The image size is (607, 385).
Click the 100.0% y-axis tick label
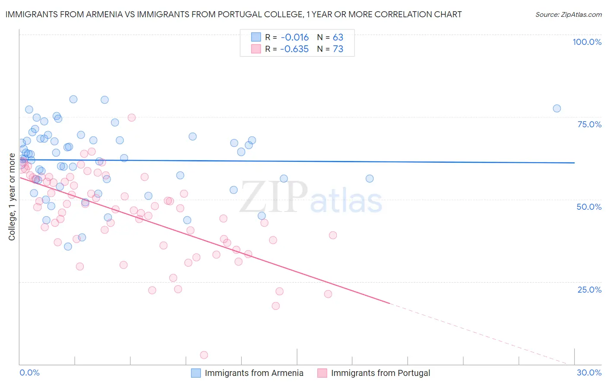[x=587, y=42]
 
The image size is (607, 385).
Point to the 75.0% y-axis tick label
[x=589, y=124]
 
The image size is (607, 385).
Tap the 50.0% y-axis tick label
[x=589, y=207]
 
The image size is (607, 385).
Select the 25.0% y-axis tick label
[x=589, y=290]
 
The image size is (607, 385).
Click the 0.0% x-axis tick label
[x=29, y=372]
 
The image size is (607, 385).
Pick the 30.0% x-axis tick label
[x=589, y=372]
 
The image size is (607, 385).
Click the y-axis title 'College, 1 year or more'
[x=12, y=197]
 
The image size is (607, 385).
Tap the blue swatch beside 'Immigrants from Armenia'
[x=196, y=373]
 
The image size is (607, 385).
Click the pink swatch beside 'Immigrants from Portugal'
[x=322, y=373]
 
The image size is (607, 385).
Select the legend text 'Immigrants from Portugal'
[x=380, y=373]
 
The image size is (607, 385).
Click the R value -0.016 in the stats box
[x=294, y=38]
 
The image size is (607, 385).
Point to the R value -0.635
[x=294, y=49]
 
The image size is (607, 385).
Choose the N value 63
[x=338, y=38]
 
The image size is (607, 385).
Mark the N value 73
[x=338, y=49]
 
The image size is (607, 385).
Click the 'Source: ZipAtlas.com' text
[x=568, y=15]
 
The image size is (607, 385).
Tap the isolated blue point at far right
[x=556, y=108]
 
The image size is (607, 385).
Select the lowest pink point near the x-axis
[x=204, y=355]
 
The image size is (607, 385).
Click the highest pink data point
[x=132, y=117]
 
